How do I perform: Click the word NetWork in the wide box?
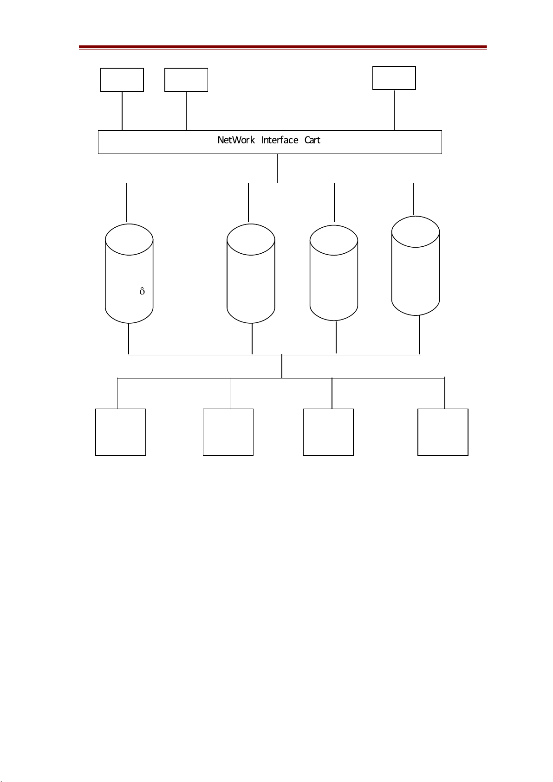[x=236, y=140]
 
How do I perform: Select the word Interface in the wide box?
[x=280, y=140]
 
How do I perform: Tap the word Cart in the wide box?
[x=312, y=140]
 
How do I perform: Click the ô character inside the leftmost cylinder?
[x=142, y=291]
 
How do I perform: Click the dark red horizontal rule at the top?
[x=283, y=47]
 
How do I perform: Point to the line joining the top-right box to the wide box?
[x=394, y=110]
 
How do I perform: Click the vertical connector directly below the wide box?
[x=277, y=168]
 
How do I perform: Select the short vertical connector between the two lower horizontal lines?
[x=282, y=366]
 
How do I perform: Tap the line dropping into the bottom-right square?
[x=445, y=393]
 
